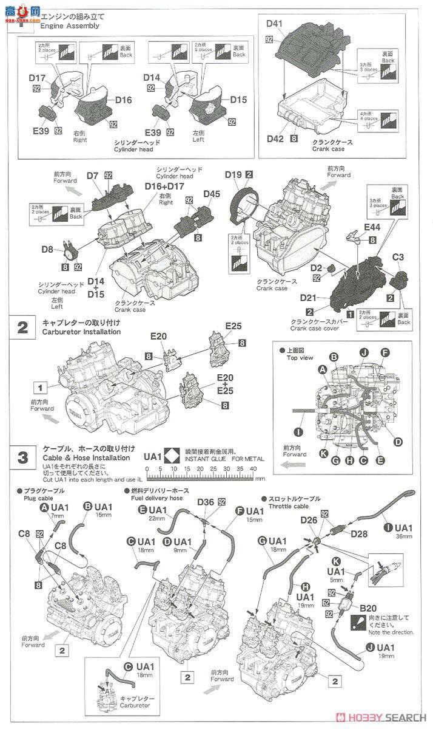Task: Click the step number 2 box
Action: [22, 329]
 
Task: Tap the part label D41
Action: [275, 24]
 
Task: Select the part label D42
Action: [275, 138]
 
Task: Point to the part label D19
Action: [233, 174]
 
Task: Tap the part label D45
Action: [212, 194]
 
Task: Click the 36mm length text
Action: [404, 536]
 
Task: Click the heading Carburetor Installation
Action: [81, 332]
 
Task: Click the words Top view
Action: [300, 358]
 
